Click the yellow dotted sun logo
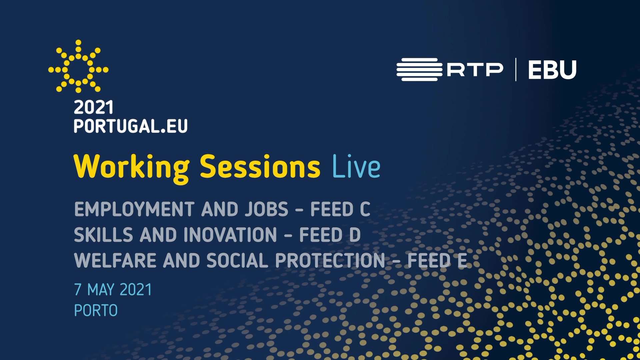[x=78, y=66]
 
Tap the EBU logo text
[x=552, y=70]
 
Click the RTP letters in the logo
[x=475, y=70]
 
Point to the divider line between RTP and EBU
[x=516, y=70]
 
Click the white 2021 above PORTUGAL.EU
[x=94, y=107]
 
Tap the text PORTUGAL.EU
[x=131, y=126]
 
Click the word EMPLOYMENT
[x=134, y=209]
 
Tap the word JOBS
[x=267, y=209]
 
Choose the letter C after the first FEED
[x=365, y=209]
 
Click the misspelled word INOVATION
[x=230, y=235]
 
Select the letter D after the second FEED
[x=355, y=235]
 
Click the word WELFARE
[x=115, y=260]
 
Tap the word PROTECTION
[x=330, y=260]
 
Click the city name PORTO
[x=96, y=310]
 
